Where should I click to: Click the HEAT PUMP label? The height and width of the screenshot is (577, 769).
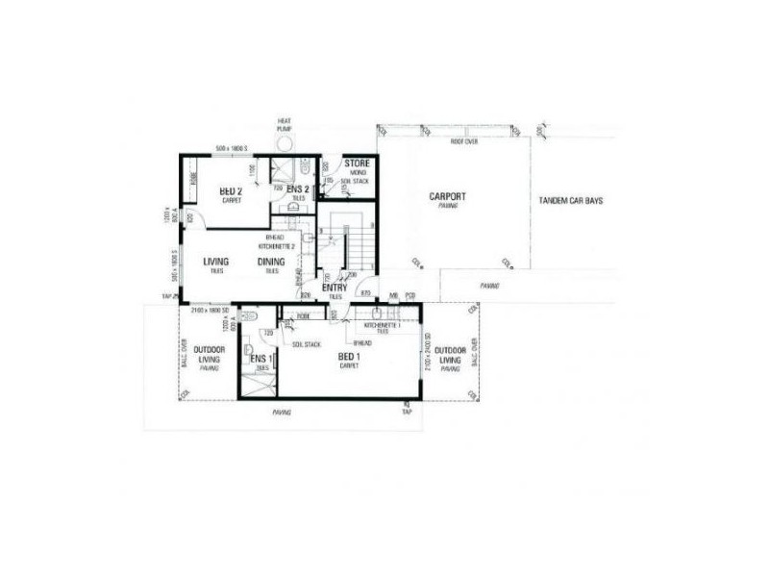285,124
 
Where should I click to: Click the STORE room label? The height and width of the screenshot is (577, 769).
357,163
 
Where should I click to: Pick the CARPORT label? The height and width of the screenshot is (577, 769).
447,197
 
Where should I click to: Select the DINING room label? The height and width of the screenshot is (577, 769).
272,261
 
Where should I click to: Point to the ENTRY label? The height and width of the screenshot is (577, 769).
335,288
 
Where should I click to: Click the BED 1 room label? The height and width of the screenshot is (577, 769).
351,357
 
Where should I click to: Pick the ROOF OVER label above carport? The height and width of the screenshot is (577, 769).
464,141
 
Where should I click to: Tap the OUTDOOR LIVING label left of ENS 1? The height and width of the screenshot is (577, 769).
209,354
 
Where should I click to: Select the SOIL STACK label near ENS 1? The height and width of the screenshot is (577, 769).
306,343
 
